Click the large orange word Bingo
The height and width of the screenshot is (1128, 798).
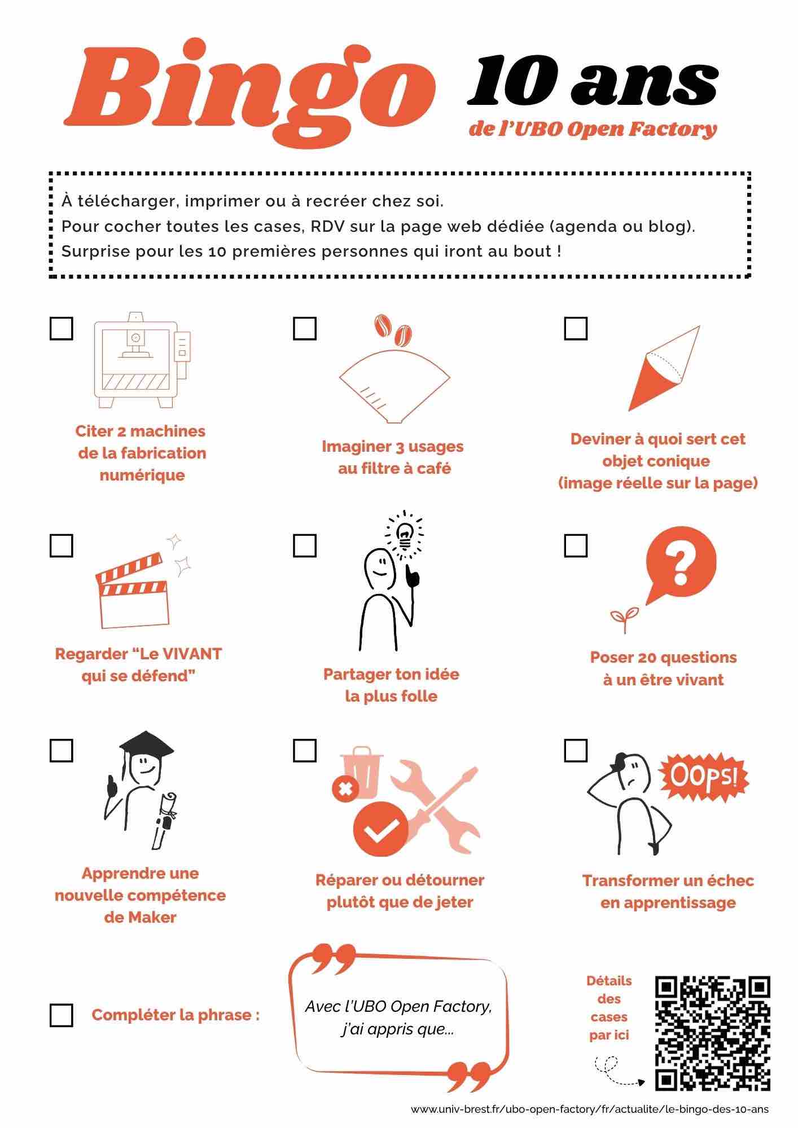(248, 90)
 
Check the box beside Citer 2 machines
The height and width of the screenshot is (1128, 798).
(62, 328)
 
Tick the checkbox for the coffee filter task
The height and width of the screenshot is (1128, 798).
(305, 328)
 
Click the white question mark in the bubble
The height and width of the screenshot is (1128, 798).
(681, 561)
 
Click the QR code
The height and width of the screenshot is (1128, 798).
(712, 1033)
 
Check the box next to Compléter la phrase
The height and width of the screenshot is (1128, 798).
(62, 1015)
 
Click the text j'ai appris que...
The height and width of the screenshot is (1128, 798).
(397, 1029)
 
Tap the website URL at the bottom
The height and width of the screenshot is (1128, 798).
(589, 1109)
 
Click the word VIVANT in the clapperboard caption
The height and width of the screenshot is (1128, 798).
(192, 654)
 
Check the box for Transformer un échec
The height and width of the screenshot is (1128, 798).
(576, 751)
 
